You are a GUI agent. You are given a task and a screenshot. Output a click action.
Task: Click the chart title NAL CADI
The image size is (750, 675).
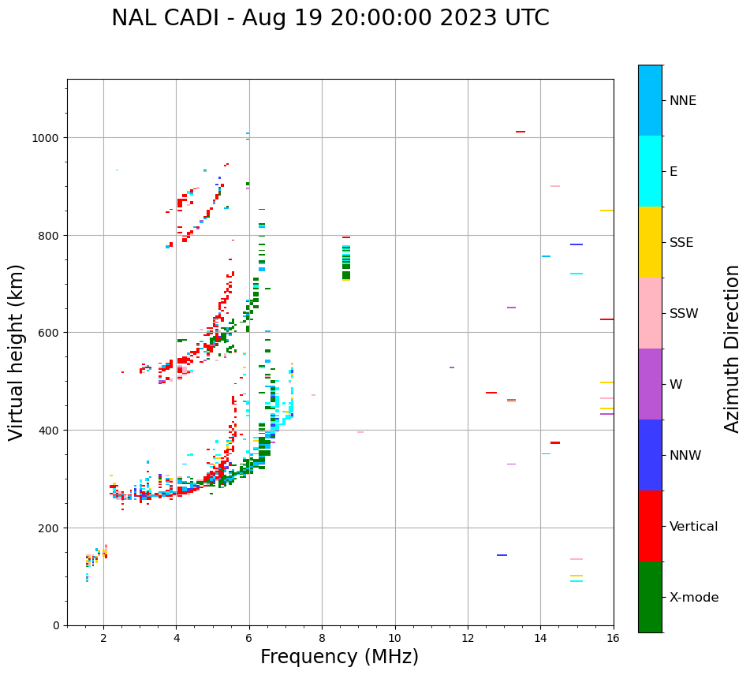[330, 18]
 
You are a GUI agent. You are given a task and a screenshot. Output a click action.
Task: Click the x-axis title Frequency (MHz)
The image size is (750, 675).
[339, 657]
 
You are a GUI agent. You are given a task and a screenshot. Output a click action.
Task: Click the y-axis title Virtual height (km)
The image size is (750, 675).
[17, 352]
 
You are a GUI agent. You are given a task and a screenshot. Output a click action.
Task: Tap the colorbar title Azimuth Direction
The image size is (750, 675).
[733, 349]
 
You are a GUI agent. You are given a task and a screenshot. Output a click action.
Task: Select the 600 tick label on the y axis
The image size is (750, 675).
[50, 333]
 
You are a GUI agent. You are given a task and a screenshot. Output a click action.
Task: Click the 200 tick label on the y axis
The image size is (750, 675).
[50, 528]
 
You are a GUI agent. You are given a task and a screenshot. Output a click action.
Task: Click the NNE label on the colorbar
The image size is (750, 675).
[683, 101]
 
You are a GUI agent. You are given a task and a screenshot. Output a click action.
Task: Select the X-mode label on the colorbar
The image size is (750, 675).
[694, 598]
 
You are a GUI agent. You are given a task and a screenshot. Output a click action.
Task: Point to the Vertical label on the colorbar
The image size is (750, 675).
[694, 527]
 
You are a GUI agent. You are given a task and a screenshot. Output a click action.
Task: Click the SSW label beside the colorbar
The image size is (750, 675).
[684, 314]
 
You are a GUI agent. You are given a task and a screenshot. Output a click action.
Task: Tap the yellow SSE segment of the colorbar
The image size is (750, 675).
[650, 242]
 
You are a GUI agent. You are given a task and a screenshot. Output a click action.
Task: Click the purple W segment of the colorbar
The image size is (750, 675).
[650, 384]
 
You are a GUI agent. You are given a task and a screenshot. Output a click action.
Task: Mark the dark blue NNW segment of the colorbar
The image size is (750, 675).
[650, 455]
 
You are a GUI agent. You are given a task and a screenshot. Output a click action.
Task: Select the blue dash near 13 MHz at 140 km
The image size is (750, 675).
[502, 555]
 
